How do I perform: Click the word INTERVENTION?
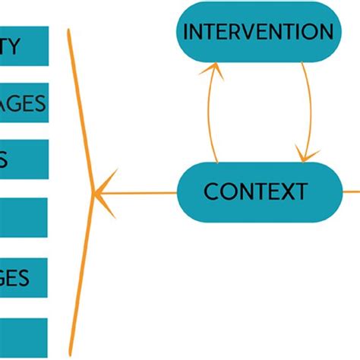pyautogui.click(x=258, y=32)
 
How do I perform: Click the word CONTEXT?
pyautogui.click(x=255, y=191)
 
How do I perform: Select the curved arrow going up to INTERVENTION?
pyautogui.click(x=206, y=114)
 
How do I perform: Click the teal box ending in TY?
pyautogui.click(x=23, y=46)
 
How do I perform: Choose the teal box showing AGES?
pyautogui.click(x=23, y=104)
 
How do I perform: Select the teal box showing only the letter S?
pyautogui.click(x=23, y=159)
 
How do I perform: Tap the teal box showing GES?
pyautogui.click(x=23, y=278)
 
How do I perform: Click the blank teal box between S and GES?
pyautogui.click(x=23, y=218)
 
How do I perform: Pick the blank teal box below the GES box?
pyautogui.click(x=23, y=339)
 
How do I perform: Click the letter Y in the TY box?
pyautogui.click(x=21, y=46)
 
